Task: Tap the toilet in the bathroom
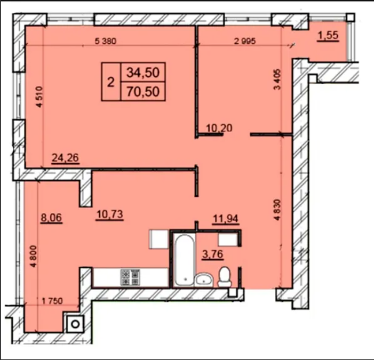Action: tap(225, 277)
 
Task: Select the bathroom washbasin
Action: tap(203, 280)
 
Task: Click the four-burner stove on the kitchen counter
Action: tap(131, 277)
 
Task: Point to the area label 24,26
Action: tap(65, 158)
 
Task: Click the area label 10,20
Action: tap(219, 128)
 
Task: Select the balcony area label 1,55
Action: tap(328, 36)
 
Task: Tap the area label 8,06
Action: tap(51, 218)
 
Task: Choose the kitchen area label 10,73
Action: tap(109, 214)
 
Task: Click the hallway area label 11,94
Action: tap(225, 219)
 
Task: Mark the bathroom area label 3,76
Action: tap(212, 254)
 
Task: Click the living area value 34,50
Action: tap(143, 73)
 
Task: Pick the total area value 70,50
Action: tap(143, 91)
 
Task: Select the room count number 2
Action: tap(110, 83)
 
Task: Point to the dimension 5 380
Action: tap(106, 41)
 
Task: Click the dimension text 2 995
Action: tap(245, 41)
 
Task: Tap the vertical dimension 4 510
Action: tap(39, 97)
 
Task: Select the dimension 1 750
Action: tap(52, 301)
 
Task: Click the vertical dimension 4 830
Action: tap(278, 210)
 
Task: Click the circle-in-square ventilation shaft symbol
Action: tap(75, 324)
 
